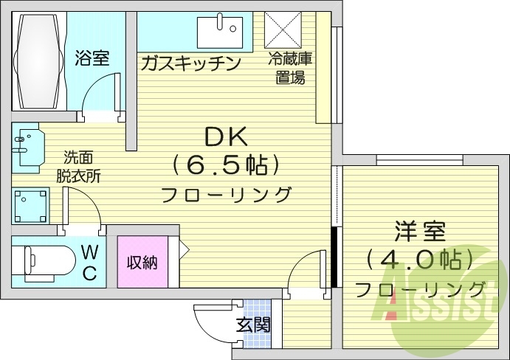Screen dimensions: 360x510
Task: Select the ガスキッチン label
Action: (190, 63)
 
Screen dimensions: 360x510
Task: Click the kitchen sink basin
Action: (220, 32)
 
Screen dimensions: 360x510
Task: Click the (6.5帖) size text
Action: (225, 165)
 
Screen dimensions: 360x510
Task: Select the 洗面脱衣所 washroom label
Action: (78, 167)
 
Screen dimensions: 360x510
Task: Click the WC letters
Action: (89, 262)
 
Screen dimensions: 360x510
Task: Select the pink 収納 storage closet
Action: (142, 262)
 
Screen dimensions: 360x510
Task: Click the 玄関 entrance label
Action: (253, 325)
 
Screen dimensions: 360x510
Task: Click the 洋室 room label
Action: (421, 232)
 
